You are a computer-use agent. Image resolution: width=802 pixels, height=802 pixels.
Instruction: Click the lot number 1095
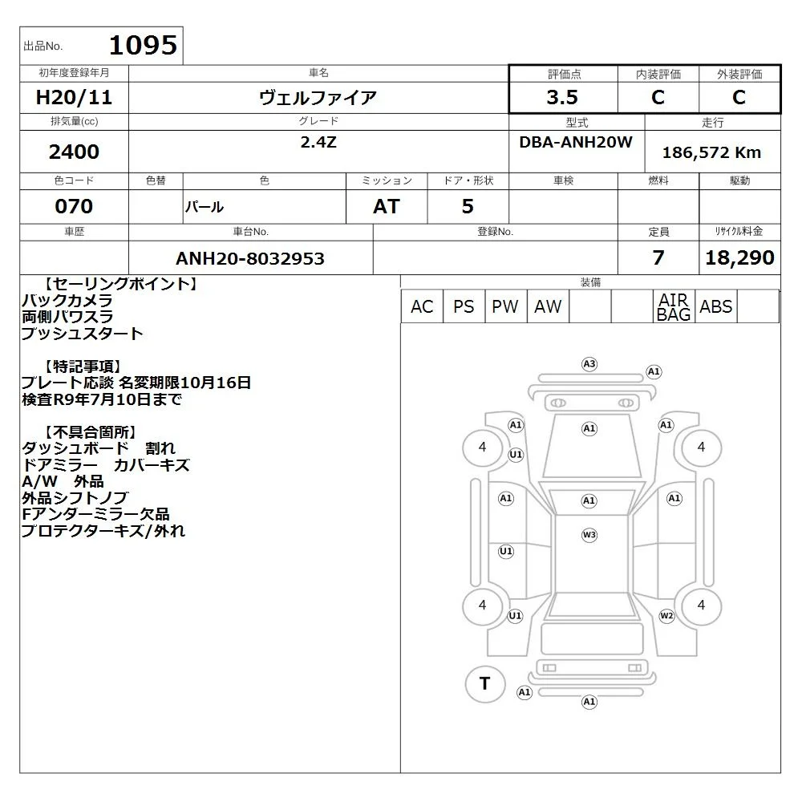coord(144,45)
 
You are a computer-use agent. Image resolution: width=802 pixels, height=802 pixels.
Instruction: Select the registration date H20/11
coord(74,97)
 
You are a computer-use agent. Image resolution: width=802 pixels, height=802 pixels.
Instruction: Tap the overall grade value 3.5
coord(562,97)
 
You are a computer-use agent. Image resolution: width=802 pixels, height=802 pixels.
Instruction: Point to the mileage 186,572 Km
coord(711,152)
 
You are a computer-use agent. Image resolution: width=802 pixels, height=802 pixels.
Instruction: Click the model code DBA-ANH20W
coord(576,142)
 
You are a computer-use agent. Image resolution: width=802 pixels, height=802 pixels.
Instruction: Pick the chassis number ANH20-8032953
coord(250,258)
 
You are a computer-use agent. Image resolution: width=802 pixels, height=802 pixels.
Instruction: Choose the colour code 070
coord(74,206)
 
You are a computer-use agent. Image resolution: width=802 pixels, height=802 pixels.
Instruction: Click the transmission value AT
coord(387,207)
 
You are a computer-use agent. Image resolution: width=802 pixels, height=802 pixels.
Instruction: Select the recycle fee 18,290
coord(739,257)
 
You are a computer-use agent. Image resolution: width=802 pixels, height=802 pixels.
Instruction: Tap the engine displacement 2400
coord(74,152)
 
